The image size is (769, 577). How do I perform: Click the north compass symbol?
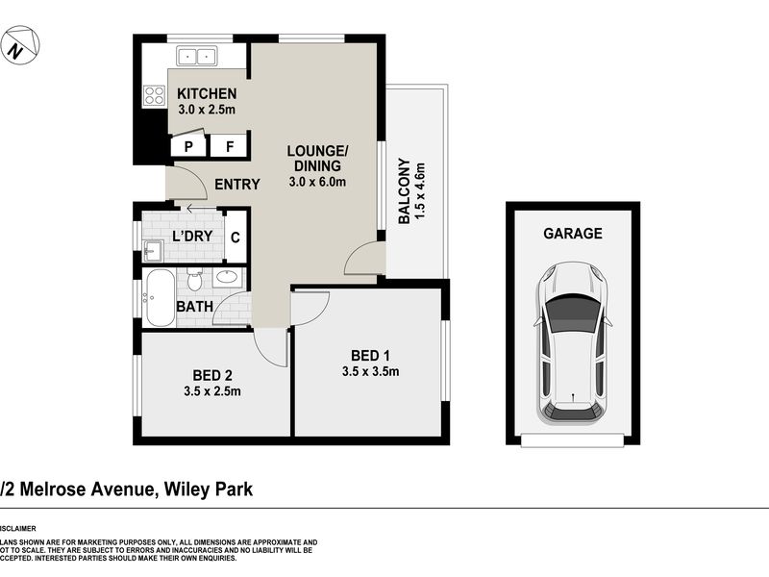coord(19,46)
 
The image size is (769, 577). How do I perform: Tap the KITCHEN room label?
coord(207,94)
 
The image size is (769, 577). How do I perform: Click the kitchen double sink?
coord(197,56)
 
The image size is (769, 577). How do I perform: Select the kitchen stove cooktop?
coord(154,94)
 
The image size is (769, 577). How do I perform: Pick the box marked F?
coord(230,146)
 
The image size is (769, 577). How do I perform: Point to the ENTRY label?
coord(236,185)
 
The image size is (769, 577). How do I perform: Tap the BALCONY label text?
coord(405,192)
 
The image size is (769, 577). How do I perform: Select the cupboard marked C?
coord(236,236)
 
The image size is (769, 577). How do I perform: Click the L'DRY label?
coord(192,236)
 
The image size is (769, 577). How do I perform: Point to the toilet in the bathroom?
coord(194,281)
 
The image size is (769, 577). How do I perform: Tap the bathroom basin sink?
coord(228,279)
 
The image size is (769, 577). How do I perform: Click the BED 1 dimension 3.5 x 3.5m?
coord(370,372)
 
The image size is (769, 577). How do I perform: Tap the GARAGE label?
coord(573,233)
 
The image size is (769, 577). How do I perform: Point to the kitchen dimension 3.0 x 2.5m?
coord(207,110)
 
